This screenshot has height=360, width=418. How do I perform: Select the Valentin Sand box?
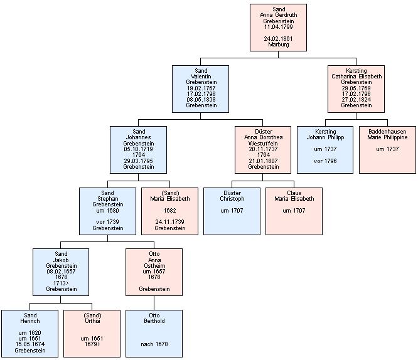(x=201, y=88)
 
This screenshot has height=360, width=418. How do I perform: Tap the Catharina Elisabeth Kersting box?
(x=356, y=88)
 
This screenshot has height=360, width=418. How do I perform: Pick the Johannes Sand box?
(x=138, y=149)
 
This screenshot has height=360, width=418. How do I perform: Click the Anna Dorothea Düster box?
(x=263, y=149)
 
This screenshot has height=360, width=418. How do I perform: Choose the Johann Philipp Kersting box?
(x=324, y=149)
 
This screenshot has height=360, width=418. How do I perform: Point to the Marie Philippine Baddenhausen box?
(x=387, y=149)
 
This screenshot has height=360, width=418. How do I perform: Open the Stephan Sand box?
(x=107, y=211)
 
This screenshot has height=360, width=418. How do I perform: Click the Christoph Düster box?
(x=232, y=211)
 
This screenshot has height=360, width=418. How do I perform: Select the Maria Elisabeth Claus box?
(x=294, y=211)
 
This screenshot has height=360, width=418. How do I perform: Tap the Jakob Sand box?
(x=61, y=272)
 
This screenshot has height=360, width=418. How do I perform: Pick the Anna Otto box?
(x=154, y=272)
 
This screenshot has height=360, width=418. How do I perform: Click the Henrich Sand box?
(x=30, y=333)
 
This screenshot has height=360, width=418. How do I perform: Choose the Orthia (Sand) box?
(x=92, y=333)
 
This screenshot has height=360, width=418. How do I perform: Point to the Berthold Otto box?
(x=154, y=333)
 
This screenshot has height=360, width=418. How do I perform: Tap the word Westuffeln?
(x=263, y=143)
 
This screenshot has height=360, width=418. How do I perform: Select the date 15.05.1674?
(x=30, y=344)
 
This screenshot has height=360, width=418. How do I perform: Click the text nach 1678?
(x=154, y=344)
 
